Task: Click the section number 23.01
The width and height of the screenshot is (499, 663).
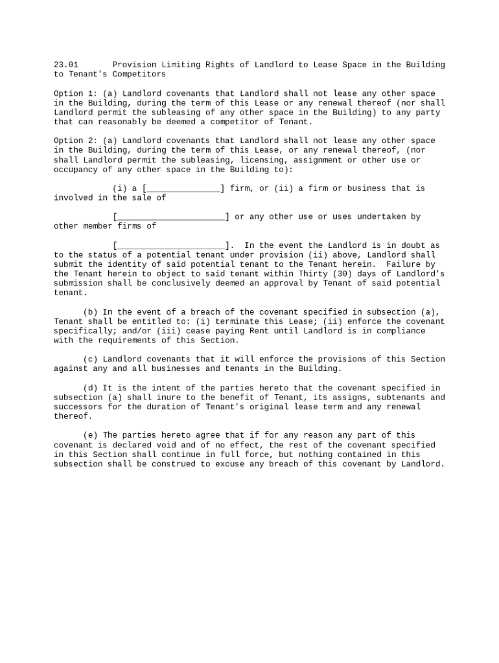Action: tap(65, 65)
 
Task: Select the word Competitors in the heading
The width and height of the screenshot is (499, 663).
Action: tap(141, 74)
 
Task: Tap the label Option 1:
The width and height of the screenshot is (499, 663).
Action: tap(75, 94)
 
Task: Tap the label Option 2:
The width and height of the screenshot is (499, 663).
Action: tap(75, 141)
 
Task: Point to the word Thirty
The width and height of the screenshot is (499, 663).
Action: tap(313, 274)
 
